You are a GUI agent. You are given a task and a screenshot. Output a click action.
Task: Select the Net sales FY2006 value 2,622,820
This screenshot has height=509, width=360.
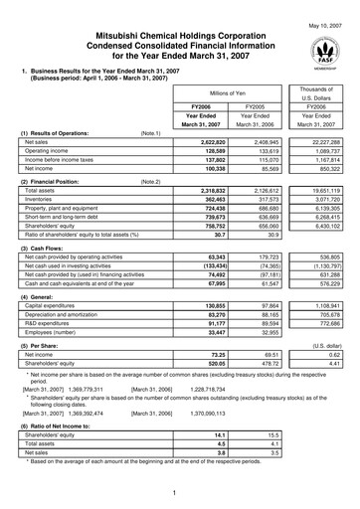205,142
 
